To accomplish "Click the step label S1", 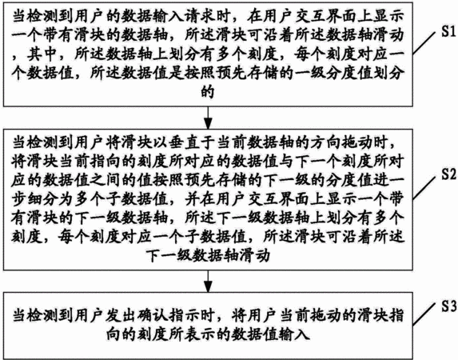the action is (448, 31).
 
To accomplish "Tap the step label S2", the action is (448, 174).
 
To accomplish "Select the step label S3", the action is (448, 306).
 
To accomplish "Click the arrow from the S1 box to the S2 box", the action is (208, 118).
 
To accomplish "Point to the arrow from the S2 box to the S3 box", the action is (208, 281).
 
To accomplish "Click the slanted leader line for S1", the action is (424, 43).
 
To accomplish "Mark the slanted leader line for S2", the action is (424, 187).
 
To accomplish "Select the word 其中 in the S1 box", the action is (42, 54).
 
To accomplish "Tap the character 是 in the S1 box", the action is (176, 73).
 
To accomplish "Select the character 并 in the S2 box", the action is (192, 200).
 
